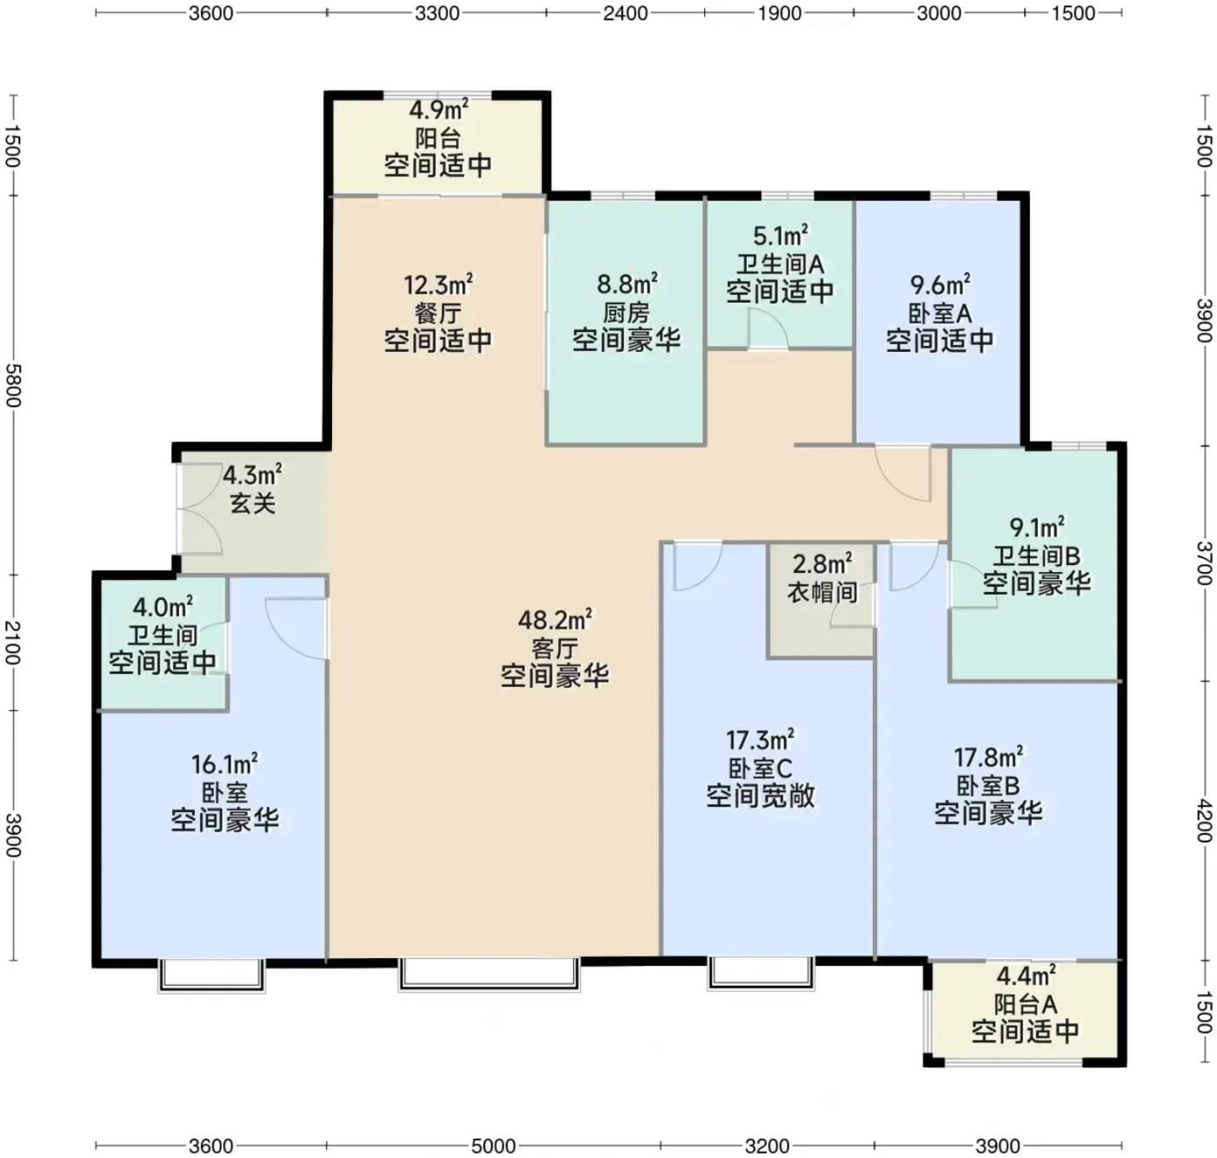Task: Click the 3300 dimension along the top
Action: coord(437,13)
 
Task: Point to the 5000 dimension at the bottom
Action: coord(494,1146)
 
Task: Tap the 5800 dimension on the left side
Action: coord(13,385)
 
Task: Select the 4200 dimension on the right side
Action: coord(1204,821)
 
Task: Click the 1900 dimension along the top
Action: coord(780,13)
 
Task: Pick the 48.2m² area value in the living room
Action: coord(555,619)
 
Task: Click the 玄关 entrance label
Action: coord(253,502)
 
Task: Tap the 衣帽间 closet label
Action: coord(822,592)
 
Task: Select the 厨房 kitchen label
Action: coord(627,313)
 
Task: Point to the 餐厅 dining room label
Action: coord(438,313)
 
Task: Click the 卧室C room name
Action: coord(760,769)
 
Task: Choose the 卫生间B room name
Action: coord(1036,556)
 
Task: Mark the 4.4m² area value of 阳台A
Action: coord(1026,976)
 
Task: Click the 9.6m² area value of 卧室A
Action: coord(940,285)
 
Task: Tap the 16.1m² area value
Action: coord(224,764)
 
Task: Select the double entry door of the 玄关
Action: coord(199,508)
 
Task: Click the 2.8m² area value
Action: coord(822,564)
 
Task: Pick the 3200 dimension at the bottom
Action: coord(767,1146)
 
